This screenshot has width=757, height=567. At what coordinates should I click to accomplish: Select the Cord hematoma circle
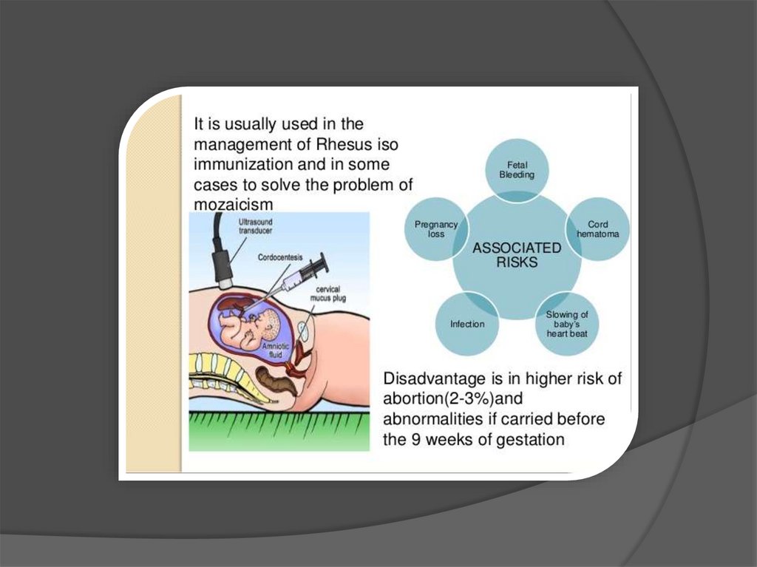pyautogui.click(x=597, y=228)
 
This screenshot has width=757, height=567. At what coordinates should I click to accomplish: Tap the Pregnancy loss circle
pyautogui.click(x=436, y=228)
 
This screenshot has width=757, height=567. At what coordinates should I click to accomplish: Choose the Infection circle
pyautogui.click(x=467, y=324)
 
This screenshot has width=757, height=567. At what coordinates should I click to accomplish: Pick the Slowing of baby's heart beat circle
pyautogui.click(x=567, y=324)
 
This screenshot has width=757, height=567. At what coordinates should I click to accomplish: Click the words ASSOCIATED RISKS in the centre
pyautogui.click(x=517, y=254)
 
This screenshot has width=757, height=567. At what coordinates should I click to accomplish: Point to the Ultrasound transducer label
pyautogui.click(x=255, y=225)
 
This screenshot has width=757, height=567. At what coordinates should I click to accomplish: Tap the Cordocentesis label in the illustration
pyautogui.click(x=280, y=257)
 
